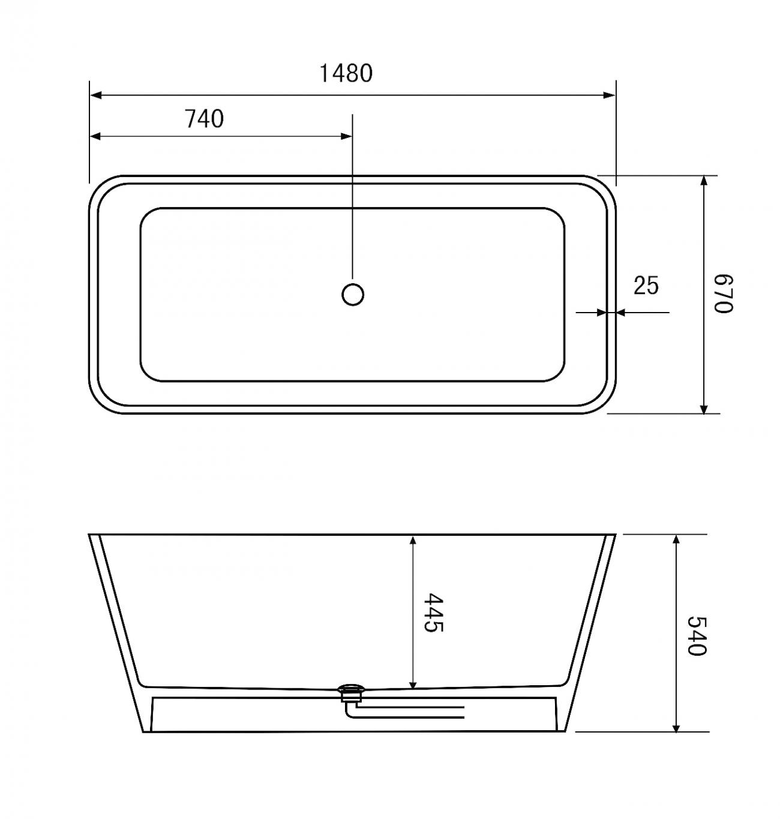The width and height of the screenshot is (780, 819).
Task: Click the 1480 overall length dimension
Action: click(x=346, y=73)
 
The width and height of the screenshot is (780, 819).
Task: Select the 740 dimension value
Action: click(x=204, y=119)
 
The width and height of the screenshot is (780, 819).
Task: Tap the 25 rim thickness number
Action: click(x=646, y=286)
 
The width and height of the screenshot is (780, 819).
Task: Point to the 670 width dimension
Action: click(x=723, y=293)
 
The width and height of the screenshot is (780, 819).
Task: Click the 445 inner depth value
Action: click(x=433, y=613)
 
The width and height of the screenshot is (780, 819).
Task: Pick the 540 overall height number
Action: click(x=696, y=636)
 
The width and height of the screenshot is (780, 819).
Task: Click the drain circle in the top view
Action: click(x=353, y=295)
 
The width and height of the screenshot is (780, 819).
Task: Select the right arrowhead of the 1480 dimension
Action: click(x=609, y=95)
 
